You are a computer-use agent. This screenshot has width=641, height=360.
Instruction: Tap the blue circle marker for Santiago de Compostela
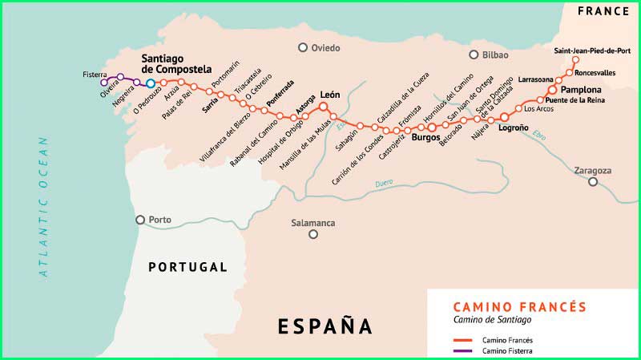point(150,83)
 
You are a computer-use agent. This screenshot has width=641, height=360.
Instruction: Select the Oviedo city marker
point(303,48)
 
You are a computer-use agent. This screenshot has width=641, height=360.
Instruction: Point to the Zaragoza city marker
point(593,182)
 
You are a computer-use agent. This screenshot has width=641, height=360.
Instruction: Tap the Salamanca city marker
point(313,234)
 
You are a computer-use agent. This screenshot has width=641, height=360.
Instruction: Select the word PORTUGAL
point(188,267)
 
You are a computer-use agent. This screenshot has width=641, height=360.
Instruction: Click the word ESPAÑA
point(325,326)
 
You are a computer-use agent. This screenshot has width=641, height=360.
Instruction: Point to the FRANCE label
point(603,11)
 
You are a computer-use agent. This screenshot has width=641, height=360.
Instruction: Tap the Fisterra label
point(95,74)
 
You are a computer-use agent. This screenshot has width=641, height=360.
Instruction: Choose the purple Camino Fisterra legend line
point(462,350)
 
